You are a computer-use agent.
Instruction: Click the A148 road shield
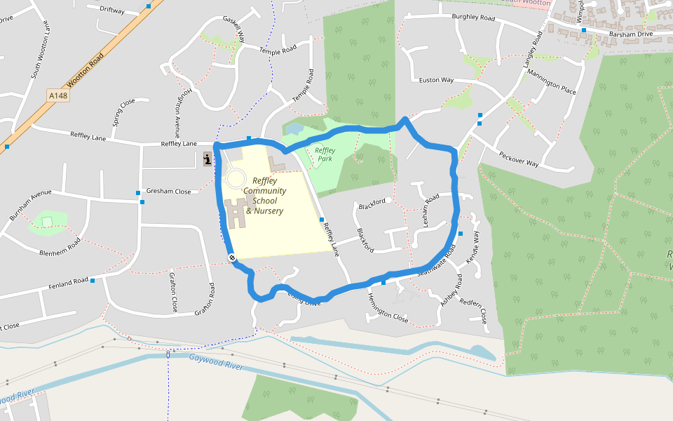click(x=59, y=95)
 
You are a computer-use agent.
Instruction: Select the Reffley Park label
click(x=325, y=154)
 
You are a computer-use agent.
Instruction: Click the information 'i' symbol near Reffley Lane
click(x=208, y=159)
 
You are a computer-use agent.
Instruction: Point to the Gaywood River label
click(x=216, y=362)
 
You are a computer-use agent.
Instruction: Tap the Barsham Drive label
click(x=631, y=34)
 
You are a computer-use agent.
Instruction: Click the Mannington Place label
click(x=551, y=83)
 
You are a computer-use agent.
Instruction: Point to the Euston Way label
click(x=436, y=80)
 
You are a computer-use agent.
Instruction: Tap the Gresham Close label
click(x=168, y=192)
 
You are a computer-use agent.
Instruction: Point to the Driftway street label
click(x=112, y=11)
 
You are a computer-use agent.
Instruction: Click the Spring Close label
click(x=123, y=112)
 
